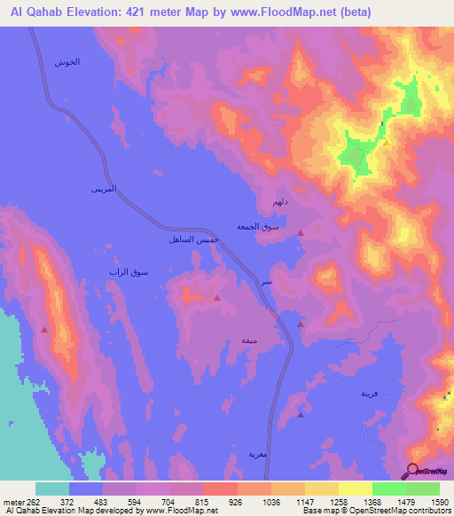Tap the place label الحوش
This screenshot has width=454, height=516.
click(x=67, y=62)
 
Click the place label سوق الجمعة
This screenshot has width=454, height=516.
click(x=258, y=228)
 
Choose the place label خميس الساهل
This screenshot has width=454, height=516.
click(x=189, y=239)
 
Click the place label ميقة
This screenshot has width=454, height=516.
click(x=250, y=339)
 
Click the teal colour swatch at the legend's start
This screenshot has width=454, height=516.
click(x=52, y=489)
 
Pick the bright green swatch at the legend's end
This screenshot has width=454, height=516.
click(x=423, y=489)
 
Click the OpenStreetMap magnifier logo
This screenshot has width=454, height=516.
click(x=412, y=470)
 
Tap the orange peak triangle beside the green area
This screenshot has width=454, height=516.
click(x=386, y=141)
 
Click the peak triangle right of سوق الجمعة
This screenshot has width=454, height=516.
click(x=301, y=233)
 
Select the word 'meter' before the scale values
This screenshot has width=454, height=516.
click(x=15, y=501)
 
